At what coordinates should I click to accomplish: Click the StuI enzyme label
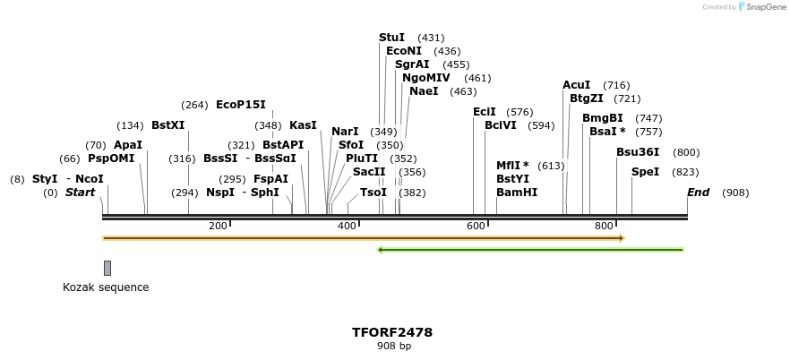click(392, 38)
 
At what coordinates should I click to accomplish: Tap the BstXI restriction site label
click(167, 125)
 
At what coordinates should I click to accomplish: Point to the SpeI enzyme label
click(645, 172)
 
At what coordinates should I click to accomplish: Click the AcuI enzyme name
click(576, 85)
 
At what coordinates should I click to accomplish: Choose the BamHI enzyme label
click(517, 193)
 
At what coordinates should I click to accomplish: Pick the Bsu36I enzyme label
click(638, 152)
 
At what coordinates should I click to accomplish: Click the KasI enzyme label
click(303, 125)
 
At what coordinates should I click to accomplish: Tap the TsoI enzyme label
click(374, 193)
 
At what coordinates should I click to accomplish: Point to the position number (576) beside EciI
click(520, 112)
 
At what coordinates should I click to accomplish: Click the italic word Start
click(80, 193)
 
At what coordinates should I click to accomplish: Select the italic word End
click(698, 193)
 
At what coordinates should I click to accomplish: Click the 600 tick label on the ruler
click(476, 227)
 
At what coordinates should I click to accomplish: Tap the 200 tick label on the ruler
click(218, 227)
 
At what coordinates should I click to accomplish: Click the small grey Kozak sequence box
click(107, 268)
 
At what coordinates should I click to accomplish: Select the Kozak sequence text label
click(106, 287)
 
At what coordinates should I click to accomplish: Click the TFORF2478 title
click(392, 332)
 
